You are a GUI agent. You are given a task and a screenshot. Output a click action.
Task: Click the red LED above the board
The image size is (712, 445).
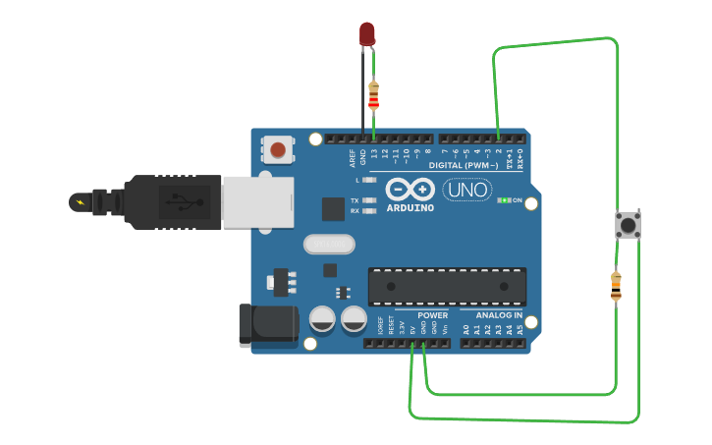pos(367,32)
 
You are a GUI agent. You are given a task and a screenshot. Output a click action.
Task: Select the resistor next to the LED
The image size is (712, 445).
pos(373,95)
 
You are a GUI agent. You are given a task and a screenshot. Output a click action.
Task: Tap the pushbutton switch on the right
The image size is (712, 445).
pos(627,225)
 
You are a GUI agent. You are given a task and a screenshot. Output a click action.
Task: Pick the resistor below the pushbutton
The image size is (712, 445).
pos(616,285)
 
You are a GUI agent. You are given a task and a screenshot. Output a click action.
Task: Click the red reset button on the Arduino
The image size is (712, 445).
pos(278,150)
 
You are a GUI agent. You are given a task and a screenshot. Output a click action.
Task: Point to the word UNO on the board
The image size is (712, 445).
pos(467,190)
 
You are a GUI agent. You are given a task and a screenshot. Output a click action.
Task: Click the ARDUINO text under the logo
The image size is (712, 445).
pos(411,208)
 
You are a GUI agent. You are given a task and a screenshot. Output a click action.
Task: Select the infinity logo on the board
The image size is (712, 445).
pos(411,190)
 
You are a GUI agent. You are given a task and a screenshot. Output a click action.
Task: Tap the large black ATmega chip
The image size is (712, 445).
pos(447,286)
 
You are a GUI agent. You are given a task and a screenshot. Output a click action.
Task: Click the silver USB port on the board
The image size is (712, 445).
pos(257,202)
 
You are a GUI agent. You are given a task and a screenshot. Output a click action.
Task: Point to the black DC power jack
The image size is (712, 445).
pos(268,324)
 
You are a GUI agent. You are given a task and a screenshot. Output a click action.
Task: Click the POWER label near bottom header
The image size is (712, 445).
pos(432,315)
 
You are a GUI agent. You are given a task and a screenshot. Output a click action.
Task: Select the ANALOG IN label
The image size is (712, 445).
pos(499,315)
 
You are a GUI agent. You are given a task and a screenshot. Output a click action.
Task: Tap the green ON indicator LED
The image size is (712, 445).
pos(503,200)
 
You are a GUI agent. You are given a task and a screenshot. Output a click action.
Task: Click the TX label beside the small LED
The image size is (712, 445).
pos(355,200)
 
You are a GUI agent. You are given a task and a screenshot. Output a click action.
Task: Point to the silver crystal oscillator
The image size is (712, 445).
pos(328,244)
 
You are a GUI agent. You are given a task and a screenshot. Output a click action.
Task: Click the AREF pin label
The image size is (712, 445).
pos(352,157)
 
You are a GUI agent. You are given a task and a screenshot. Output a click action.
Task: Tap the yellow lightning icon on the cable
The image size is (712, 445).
pos(79,202)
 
